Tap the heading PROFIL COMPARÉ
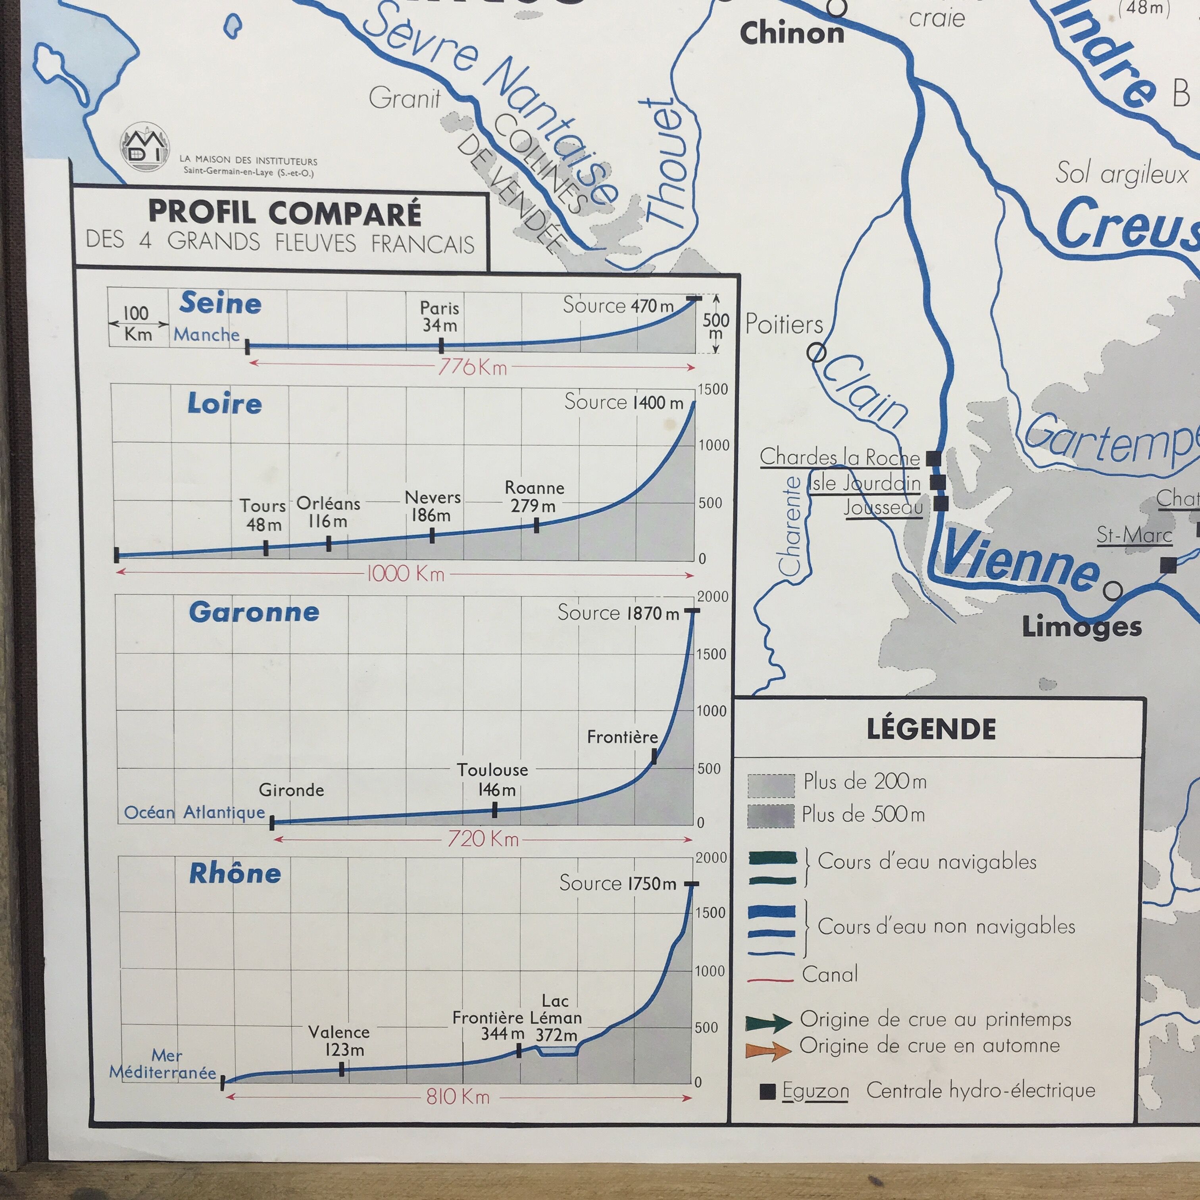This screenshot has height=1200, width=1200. tap(285, 213)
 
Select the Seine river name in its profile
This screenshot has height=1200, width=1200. tap(221, 303)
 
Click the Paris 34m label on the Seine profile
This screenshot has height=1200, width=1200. tap(439, 316)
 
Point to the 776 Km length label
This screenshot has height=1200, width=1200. tap(472, 367)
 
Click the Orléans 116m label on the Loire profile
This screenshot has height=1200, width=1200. tap(328, 512)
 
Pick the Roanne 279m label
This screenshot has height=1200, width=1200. tap(534, 496)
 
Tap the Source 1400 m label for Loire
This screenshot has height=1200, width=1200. tap(623, 402)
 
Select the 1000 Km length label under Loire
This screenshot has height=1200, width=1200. tap(406, 573)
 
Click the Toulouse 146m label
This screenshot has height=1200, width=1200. tap(492, 779)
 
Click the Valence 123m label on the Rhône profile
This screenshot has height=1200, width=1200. tap(339, 1040)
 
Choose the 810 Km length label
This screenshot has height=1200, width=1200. tap(458, 1096)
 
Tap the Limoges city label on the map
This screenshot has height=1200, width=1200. tap(1081, 627)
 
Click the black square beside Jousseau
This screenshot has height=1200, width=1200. tap(941, 503)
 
